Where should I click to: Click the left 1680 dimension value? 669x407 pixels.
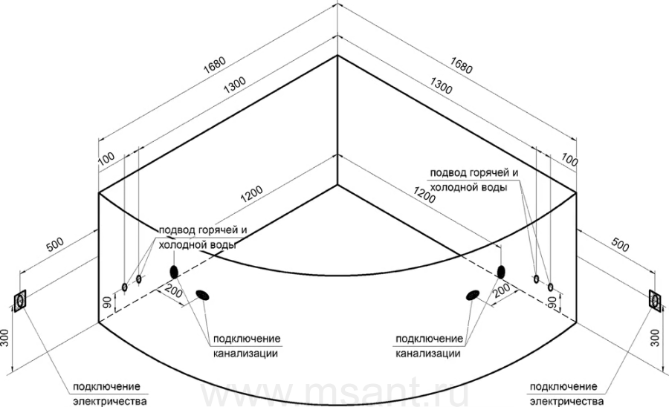[214, 65]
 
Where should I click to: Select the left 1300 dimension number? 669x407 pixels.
[235, 85]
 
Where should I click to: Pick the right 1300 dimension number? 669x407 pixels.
[441, 85]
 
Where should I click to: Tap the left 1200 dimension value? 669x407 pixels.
[252, 195]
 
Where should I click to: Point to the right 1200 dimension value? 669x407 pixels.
[424, 195]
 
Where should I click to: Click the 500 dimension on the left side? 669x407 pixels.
[54, 244]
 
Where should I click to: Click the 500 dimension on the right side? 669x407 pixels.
[621, 244]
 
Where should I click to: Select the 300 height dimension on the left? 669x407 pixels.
[4, 338]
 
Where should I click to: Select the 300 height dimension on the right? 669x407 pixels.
[656, 338]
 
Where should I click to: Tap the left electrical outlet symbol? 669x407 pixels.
[19, 302]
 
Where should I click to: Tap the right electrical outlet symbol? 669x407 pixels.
[656, 301]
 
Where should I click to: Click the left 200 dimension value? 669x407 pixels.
[173, 293]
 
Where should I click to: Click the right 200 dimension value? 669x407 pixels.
[502, 290]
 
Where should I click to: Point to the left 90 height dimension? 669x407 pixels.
[108, 302]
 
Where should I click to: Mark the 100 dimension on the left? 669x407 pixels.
[106, 158]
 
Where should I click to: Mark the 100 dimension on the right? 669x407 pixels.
[569, 160]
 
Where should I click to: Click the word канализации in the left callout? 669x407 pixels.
[245, 354]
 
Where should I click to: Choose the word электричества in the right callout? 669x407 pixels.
[567, 401]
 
